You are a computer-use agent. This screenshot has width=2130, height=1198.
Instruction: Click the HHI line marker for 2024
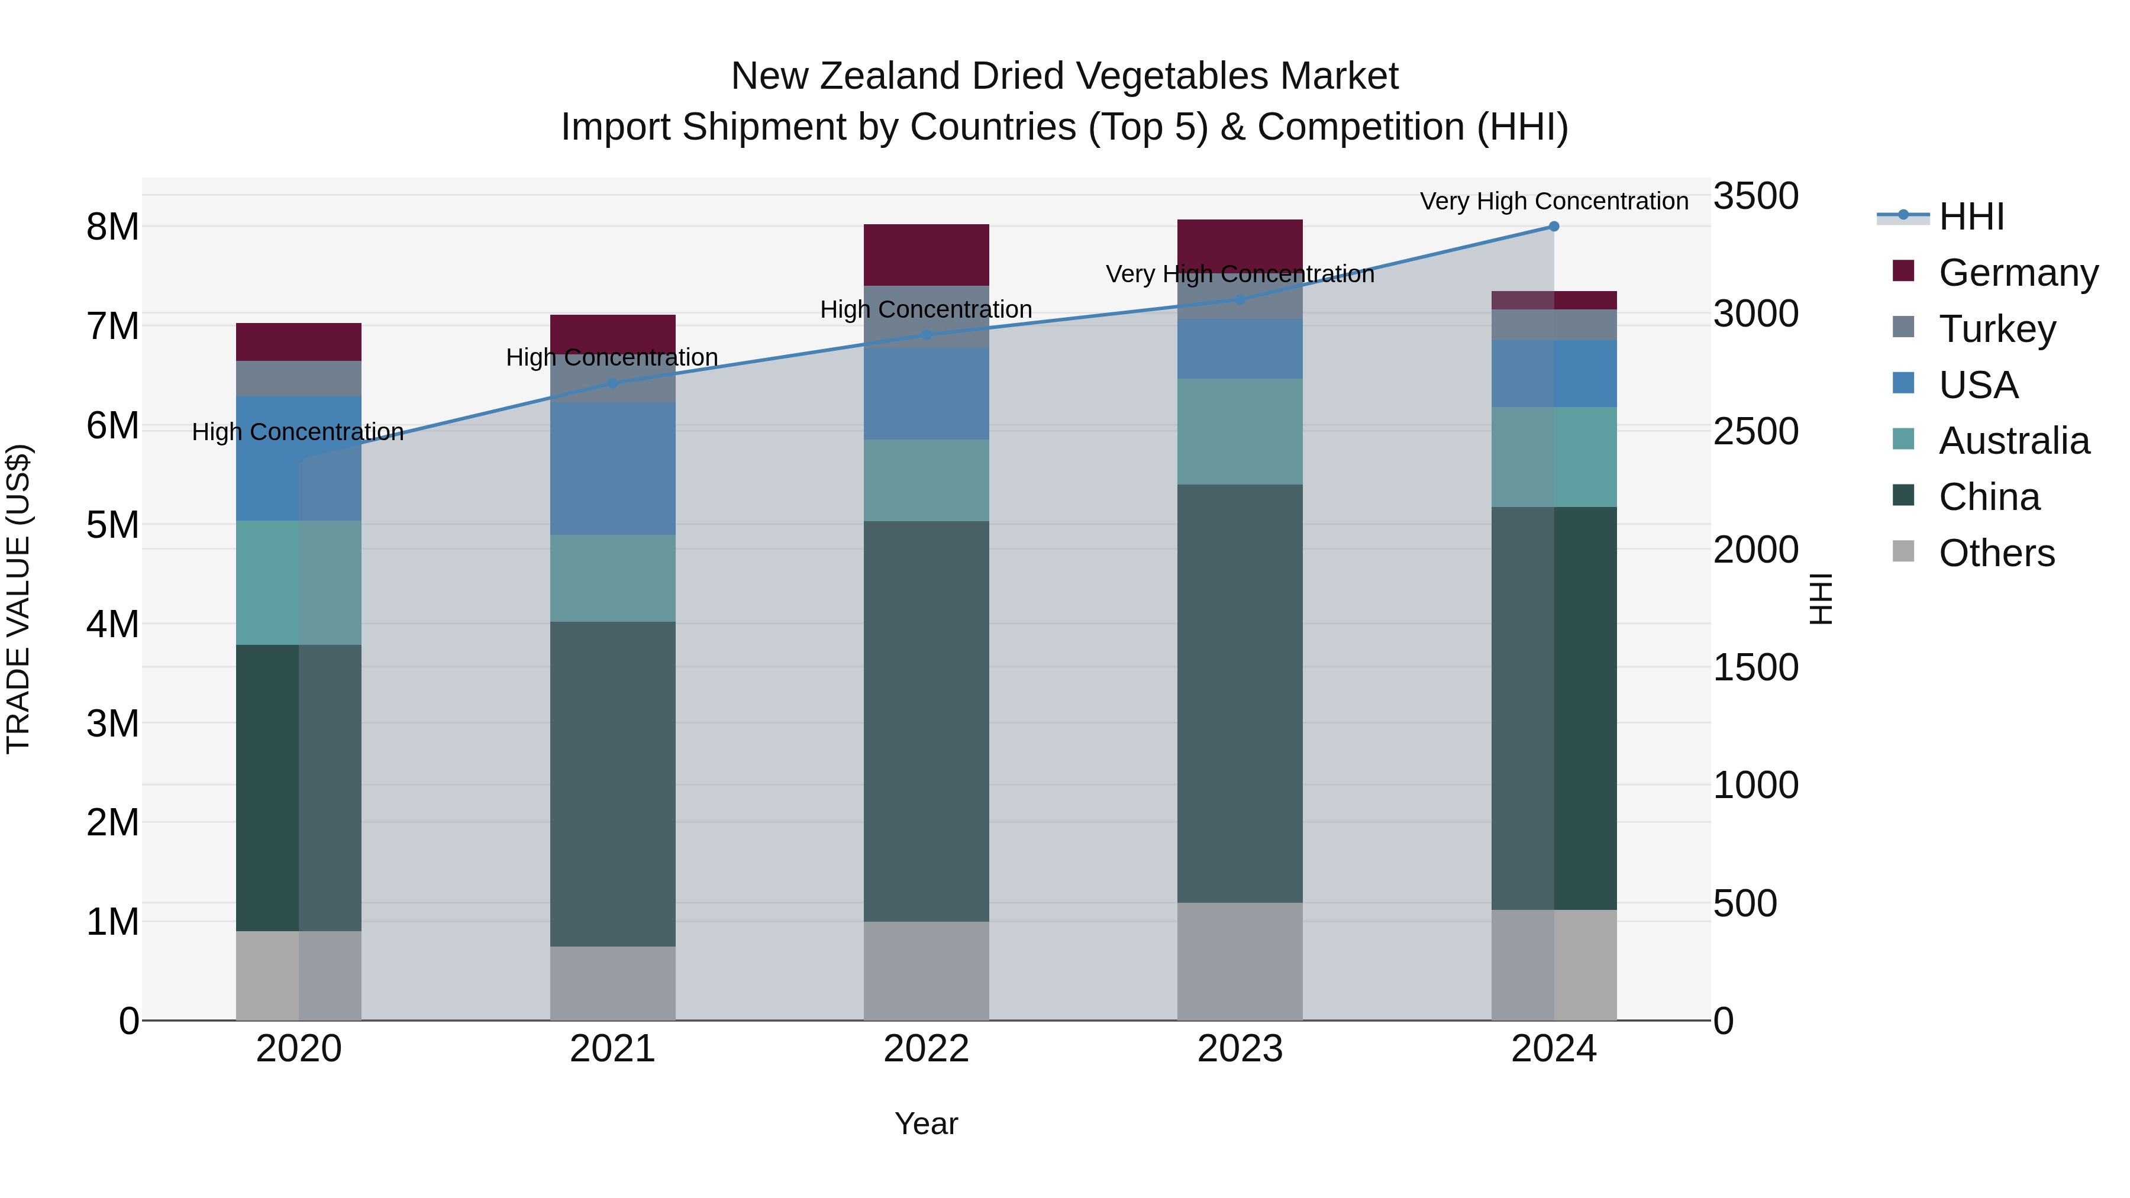(x=1554, y=227)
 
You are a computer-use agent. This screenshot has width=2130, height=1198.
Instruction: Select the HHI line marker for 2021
(x=613, y=383)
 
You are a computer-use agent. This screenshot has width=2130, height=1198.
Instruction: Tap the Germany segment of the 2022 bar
(x=926, y=254)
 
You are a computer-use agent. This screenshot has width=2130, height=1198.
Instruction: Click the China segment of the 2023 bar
(x=1240, y=693)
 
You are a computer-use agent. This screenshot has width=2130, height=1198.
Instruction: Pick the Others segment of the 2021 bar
(x=613, y=983)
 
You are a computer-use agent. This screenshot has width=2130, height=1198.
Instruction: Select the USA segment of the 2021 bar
(x=613, y=468)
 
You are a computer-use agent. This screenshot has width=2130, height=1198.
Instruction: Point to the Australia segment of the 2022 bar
(x=926, y=480)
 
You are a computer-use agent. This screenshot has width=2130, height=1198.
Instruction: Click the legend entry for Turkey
(x=1997, y=329)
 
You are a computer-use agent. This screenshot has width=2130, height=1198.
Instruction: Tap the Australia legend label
(x=2013, y=441)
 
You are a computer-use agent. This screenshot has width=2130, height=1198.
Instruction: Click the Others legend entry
(x=1996, y=553)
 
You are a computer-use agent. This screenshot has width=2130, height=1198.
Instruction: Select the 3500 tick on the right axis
(x=1755, y=197)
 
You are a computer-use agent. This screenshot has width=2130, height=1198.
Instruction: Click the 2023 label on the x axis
(x=1240, y=1049)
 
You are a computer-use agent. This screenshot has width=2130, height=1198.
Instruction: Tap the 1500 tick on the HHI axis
(x=1755, y=668)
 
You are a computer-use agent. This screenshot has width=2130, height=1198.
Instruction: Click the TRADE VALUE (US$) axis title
(x=18, y=599)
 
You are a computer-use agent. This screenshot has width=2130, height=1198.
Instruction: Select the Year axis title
(x=926, y=1123)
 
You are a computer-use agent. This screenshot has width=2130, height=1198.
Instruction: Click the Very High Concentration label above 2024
(x=1554, y=202)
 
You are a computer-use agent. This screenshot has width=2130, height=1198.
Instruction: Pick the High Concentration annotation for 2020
(x=298, y=432)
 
